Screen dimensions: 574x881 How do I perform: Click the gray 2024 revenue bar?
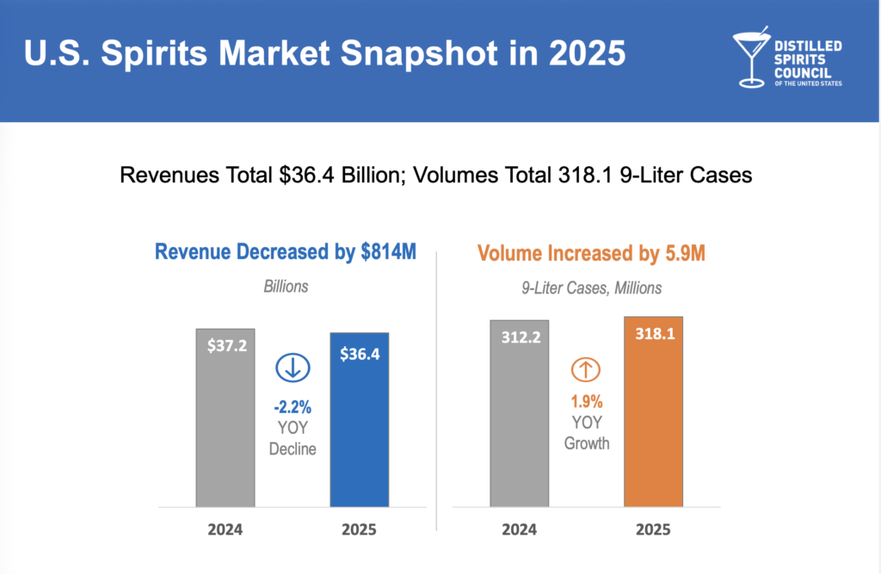[225, 422]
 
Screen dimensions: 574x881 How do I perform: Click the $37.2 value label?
[225, 346]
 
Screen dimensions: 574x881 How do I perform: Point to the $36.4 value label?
[360, 354]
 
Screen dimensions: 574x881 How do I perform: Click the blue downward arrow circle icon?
[293, 368]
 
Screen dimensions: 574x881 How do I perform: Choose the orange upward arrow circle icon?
[586, 370]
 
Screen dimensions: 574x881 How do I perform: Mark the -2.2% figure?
[293, 405]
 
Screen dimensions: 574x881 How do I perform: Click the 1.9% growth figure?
[587, 401]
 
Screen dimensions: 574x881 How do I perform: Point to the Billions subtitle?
[286, 287]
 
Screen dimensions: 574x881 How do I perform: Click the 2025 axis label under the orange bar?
[654, 529]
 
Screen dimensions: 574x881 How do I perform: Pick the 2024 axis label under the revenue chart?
[225, 529]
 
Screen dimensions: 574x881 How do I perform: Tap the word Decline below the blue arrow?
[293, 448]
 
